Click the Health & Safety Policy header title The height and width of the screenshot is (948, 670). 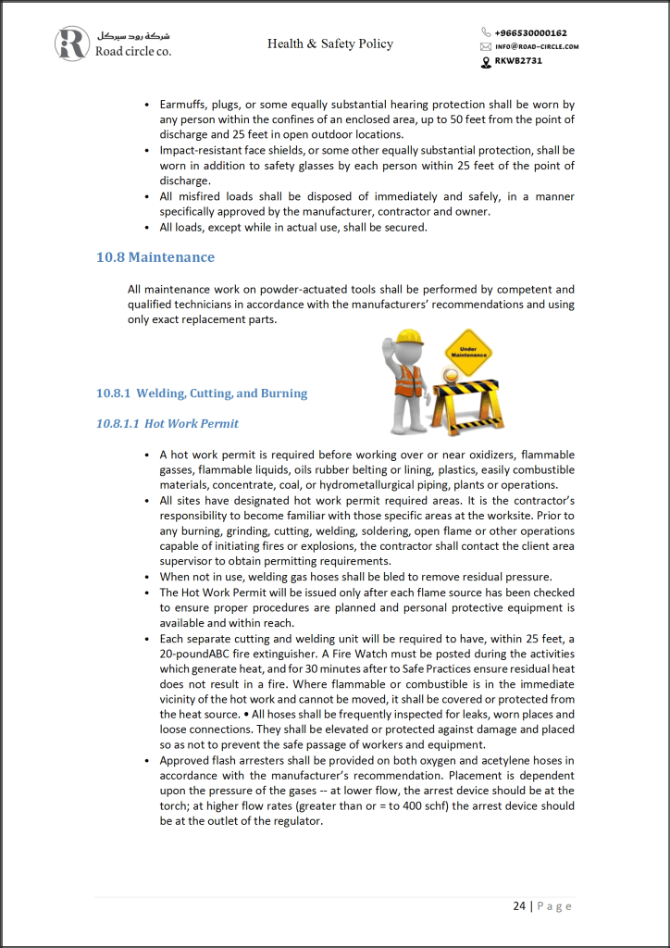pos(330,44)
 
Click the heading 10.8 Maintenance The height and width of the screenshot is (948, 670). pos(155,257)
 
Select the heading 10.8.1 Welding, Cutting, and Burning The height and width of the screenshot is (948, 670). pos(202,393)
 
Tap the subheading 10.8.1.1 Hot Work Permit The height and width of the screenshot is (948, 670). pos(167,424)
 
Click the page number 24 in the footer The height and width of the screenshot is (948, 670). pos(519,905)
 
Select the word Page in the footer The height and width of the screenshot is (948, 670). pos(554,905)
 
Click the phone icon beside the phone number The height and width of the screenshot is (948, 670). pos(486,32)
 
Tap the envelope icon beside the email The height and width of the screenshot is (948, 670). pos(486,46)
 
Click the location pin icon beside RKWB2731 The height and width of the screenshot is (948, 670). pos(486,61)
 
